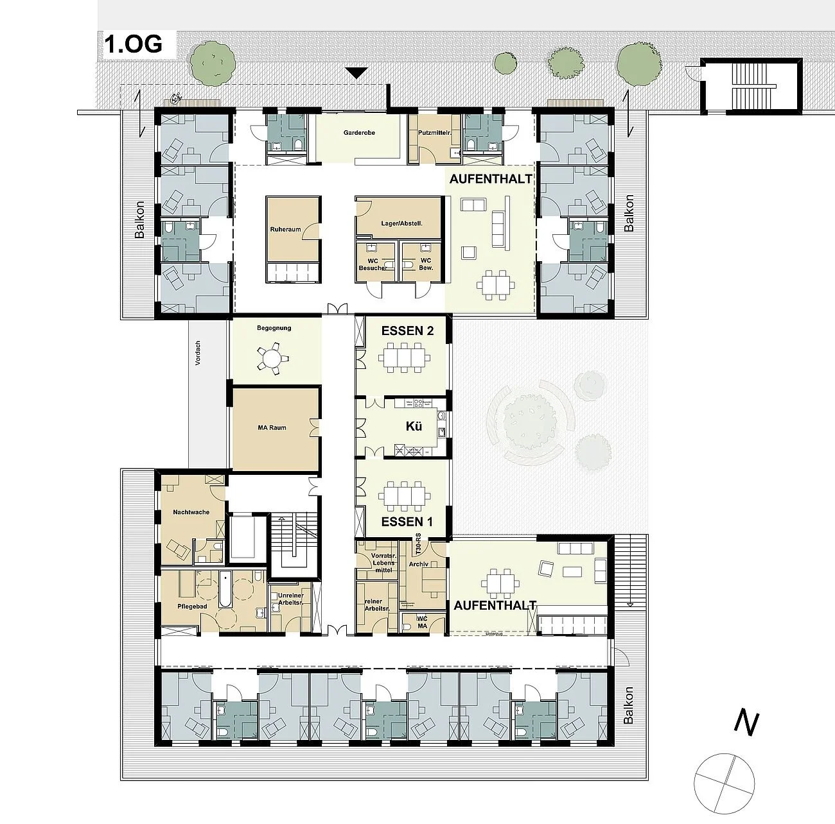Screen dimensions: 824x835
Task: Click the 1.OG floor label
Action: (134, 44)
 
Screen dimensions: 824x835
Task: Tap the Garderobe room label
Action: (359, 133)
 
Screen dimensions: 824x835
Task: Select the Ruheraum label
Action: (285, 229)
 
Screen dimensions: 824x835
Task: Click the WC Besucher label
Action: (373, 264)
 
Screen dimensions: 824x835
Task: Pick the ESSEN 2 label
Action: (407, 331)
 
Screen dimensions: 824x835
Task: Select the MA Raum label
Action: (272, 427)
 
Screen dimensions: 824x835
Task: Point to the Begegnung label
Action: (274, 328)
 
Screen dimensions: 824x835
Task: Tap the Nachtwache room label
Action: (192, 513)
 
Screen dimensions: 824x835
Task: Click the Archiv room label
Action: (418, 564)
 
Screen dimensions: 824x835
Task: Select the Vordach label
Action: (198, 353)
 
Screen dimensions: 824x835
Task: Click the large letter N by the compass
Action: (746, 723)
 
